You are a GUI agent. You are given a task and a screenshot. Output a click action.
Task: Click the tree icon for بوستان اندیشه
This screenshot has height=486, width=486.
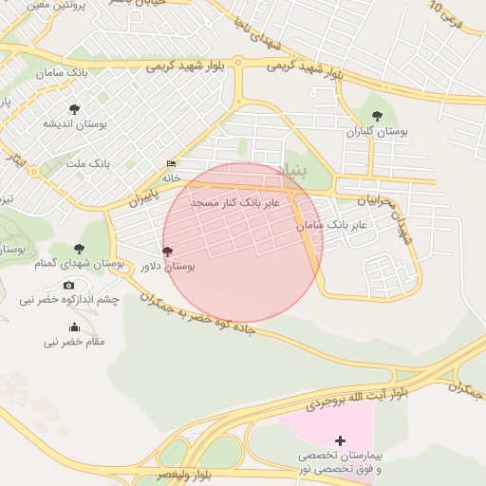(75, 109)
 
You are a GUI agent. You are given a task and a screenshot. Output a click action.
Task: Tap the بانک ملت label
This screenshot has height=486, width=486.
(88, 163)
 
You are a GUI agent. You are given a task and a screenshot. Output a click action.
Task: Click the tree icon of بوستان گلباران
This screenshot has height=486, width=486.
(377, 116)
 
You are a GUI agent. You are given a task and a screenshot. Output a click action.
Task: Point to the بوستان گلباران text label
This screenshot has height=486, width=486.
(377, 133)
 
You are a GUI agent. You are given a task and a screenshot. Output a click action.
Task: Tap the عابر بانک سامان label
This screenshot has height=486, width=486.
(331, 226)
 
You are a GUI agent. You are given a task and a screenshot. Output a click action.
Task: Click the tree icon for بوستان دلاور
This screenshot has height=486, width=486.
(168, 252)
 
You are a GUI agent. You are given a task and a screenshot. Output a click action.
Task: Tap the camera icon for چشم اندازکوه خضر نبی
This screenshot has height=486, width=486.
(68, 285)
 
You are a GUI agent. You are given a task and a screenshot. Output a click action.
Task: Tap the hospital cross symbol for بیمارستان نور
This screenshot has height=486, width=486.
(340, 440)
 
